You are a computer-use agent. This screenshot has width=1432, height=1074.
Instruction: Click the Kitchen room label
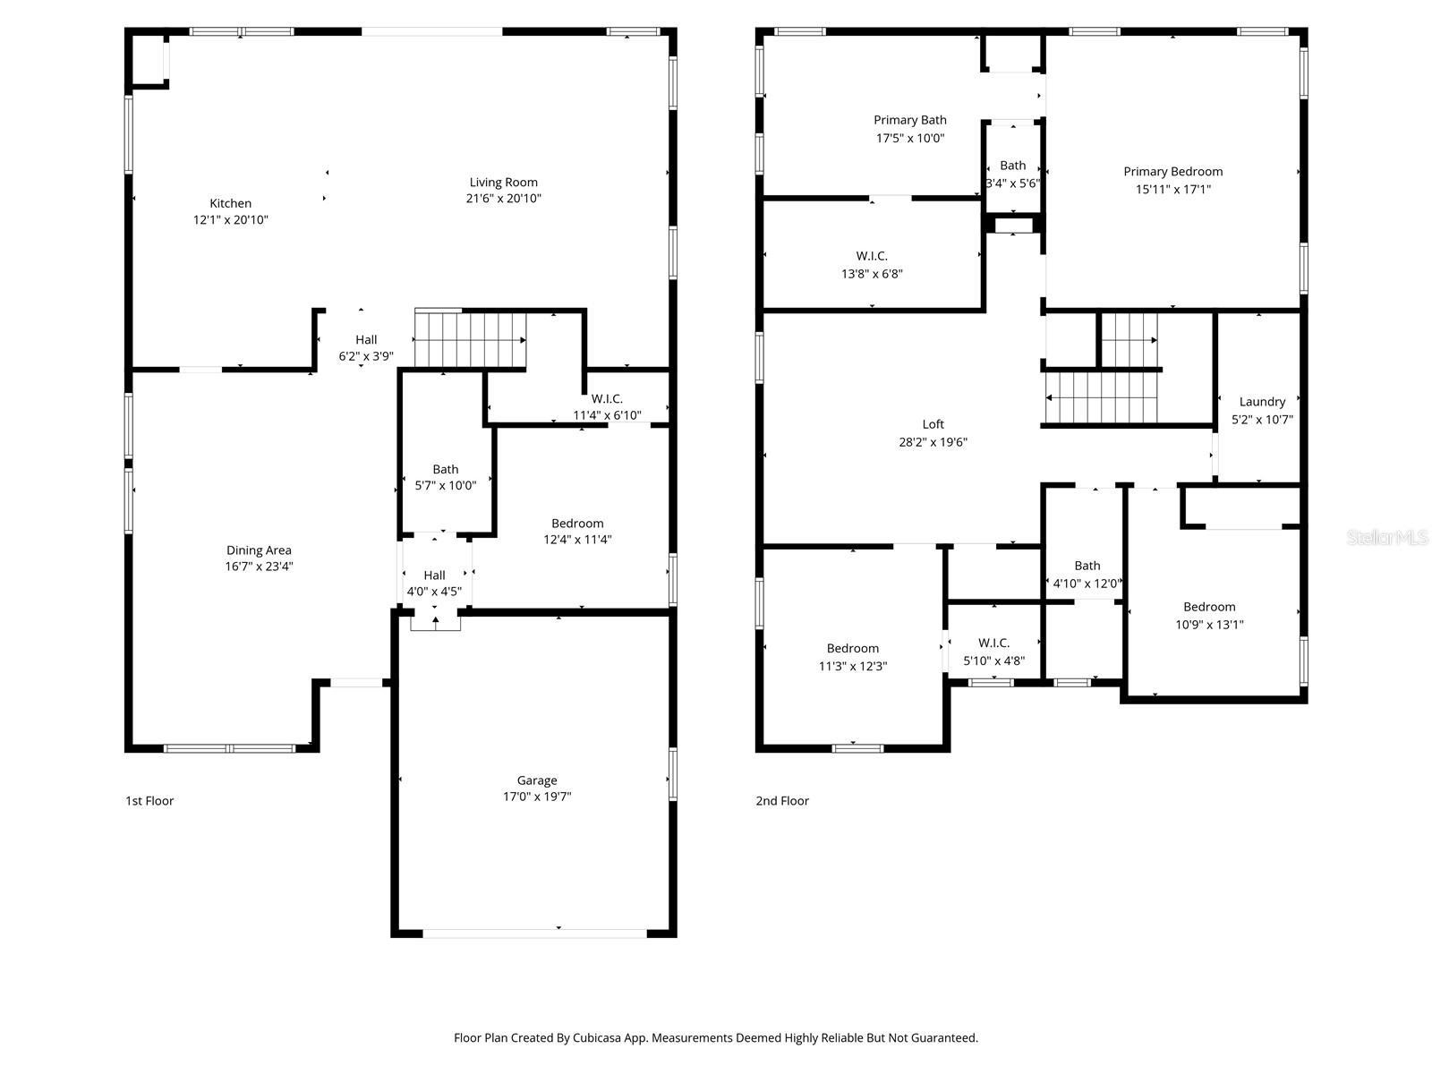230,203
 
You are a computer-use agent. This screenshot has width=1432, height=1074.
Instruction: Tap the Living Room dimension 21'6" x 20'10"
503,199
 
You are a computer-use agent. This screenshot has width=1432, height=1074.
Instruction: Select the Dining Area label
259,550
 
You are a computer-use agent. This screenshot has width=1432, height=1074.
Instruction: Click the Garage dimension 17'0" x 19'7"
537,797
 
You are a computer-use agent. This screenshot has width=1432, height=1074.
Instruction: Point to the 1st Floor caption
149,801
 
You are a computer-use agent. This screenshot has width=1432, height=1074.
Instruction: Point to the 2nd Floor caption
781,801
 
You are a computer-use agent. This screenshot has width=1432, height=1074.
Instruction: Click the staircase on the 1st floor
469,339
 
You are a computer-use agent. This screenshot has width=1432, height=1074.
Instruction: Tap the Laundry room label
1262,402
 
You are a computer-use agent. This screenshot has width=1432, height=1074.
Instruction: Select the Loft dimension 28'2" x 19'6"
933,442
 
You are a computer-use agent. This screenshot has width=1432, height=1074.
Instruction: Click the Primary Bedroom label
1172,172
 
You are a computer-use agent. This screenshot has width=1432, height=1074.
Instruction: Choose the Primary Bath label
909,120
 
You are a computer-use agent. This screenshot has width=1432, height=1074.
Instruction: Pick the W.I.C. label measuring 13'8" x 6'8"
871,256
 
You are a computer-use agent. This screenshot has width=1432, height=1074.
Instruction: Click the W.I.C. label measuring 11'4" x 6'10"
606,399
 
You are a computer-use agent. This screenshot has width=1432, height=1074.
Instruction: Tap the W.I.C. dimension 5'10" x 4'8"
993,661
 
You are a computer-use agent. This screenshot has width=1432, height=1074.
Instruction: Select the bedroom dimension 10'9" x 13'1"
1209,625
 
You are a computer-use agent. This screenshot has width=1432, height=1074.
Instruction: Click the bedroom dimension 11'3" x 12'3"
852,667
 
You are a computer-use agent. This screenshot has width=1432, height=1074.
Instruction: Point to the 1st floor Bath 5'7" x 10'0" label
445,469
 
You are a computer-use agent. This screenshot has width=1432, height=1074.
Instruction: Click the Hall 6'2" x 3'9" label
365,339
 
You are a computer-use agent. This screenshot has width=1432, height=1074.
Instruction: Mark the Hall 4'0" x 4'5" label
434,575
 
